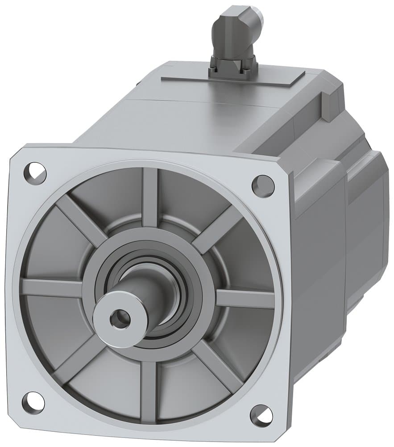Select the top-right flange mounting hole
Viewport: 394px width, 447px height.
[263, 186]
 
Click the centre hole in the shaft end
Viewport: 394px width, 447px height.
[120, 319]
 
